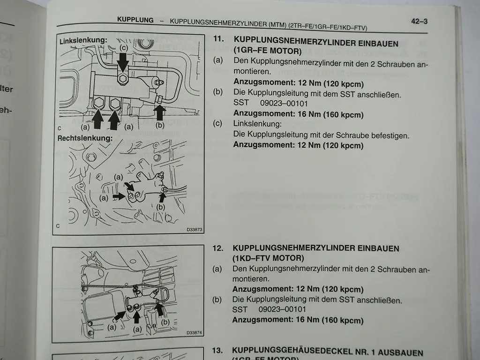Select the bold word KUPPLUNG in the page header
pos(135,20)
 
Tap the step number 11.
pos(217,40)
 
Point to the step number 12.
pos(218,248)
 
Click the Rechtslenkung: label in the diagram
pos(85,139)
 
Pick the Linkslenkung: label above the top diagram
pos(83,41)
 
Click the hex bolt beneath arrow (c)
pos(123,79)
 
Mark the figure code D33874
pos(194,333)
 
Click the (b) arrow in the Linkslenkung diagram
pos(160,113)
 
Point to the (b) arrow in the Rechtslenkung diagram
pos(163,196)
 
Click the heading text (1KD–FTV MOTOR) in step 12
pos(268,258)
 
